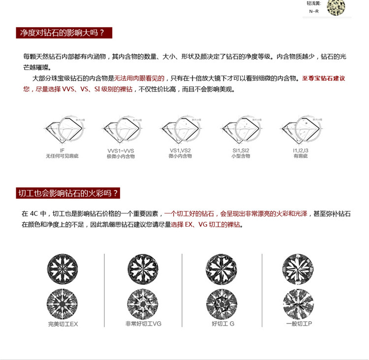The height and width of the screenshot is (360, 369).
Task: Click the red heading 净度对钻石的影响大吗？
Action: [x=61, y=33]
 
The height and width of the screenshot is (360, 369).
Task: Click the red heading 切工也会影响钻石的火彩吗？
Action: [x=68, y=193]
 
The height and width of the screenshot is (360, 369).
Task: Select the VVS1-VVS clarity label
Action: [x=121, y=150]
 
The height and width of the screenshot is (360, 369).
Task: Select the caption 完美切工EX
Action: [x=63, y=325]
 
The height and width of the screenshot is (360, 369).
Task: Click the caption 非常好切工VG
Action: [x=143, y=324]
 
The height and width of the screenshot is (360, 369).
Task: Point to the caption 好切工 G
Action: [x=223, y=324]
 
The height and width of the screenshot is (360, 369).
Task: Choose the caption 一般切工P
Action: [x=299, y=325]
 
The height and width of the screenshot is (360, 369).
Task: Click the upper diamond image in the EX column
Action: [x=62, y=269]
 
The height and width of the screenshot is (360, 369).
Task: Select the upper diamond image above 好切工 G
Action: [x=221, y=269]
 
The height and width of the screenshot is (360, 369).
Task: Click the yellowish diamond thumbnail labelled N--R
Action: [x=336, y=7]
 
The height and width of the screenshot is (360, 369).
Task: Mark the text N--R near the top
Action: [x=313, y=11]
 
